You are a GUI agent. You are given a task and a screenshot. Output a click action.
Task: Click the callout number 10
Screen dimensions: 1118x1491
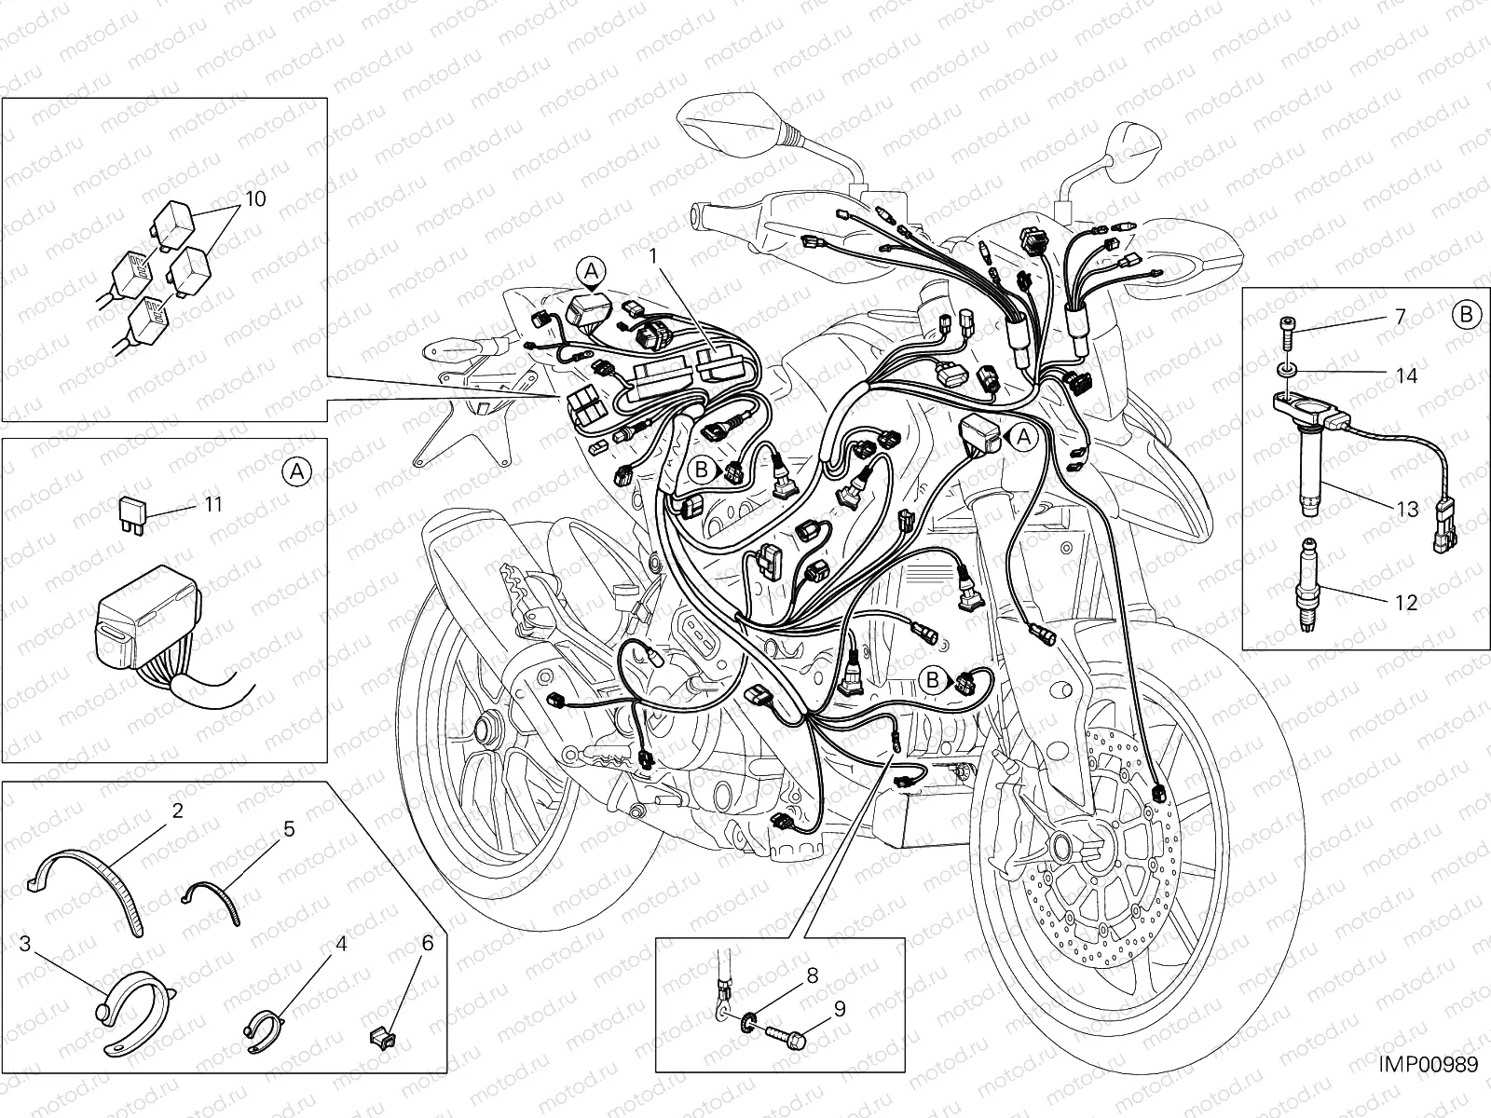pyautogui.click(x=255, y=198)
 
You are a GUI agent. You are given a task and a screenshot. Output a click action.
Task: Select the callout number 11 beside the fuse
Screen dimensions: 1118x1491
pyautogui.click(x=213, y=504)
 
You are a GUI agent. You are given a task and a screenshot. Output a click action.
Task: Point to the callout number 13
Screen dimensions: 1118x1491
pyautogui.click(x=1407, y=509)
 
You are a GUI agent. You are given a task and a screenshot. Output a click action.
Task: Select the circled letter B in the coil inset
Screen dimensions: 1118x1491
pyautogui.click(x=1465, y=314)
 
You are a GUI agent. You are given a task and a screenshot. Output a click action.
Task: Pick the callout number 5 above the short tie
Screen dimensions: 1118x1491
pyautogui.click(x=289, y=828)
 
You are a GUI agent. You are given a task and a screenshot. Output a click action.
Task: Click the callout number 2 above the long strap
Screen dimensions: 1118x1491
pyautogui.click(x=177, y=810)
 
